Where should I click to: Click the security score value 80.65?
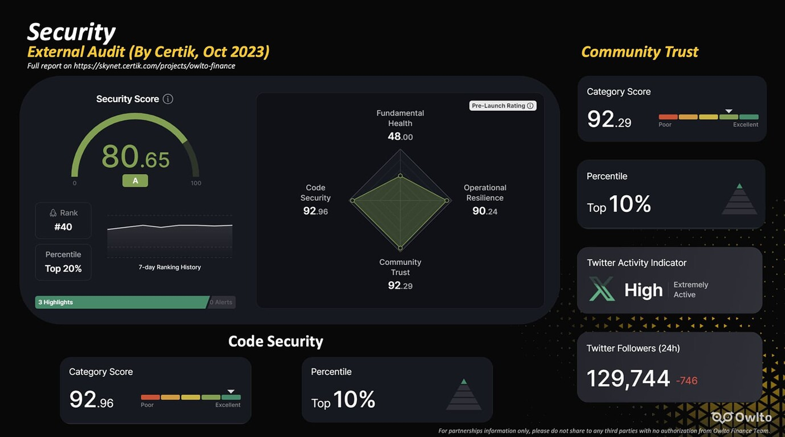[x=136, y=157]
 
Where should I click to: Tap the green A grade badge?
[x=135, y=181]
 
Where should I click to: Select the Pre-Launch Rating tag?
[x=502, y=106]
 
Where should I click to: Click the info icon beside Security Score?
[x=168, y=99]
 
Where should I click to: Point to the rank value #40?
[x=63, y=227]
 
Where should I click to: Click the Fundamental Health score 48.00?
[x=400, y=137]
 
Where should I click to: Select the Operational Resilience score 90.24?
[x=485, y=211]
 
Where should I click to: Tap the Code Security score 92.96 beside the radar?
[x=315, y=211]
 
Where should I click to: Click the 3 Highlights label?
[x=55, y=302]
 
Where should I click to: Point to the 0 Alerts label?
[x=221, y=302]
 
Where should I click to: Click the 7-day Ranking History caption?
[x=170, y=267]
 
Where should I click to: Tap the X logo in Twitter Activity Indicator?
[x=602, y=289]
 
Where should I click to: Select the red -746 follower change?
[x=687, y=380]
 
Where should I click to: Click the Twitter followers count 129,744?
[x=628, y=378]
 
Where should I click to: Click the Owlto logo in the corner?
[x=742, y=417]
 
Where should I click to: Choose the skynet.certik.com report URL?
[x=154, y=66]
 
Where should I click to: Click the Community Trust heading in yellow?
[x=640, y=52]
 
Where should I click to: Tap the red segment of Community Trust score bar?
[x=668, y=117]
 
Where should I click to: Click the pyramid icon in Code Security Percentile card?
[x=464, y=395]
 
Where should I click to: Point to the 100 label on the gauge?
[x=196, y=183]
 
